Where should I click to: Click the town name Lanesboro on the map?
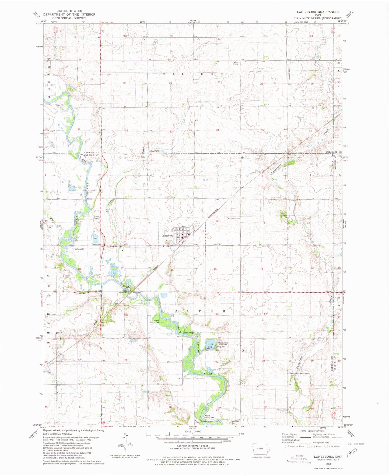[x=167, y=236]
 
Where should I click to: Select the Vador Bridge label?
[x=189, y=333]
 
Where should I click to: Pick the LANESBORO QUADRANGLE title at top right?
[x=318, y=12]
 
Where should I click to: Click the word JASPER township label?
[x=194, y=311]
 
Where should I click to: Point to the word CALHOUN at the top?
[x=193, y=74]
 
